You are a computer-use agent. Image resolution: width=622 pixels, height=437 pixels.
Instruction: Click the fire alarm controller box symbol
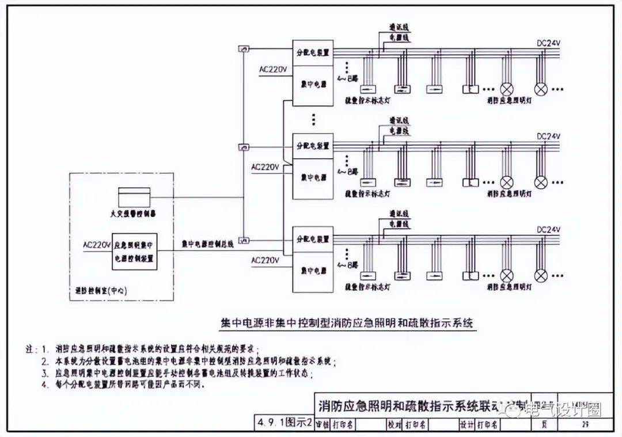pos(134,196)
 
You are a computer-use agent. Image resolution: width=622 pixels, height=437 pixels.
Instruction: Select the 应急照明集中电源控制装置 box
pos(134,252)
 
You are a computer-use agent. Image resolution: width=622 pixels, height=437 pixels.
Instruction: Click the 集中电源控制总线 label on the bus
pos(207,244)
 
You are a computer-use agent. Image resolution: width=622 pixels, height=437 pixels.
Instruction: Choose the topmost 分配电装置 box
pos(313,52)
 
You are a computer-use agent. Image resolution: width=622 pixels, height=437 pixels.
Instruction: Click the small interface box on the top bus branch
pos(244,50)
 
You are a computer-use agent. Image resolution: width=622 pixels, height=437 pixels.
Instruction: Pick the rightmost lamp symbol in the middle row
pos(540,183)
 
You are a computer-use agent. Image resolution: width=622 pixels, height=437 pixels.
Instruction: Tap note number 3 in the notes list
pos(45,374)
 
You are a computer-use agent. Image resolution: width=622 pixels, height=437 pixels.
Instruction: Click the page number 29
pos(585,425)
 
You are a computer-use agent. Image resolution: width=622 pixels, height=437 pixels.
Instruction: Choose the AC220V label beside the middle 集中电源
pos(265,167)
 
